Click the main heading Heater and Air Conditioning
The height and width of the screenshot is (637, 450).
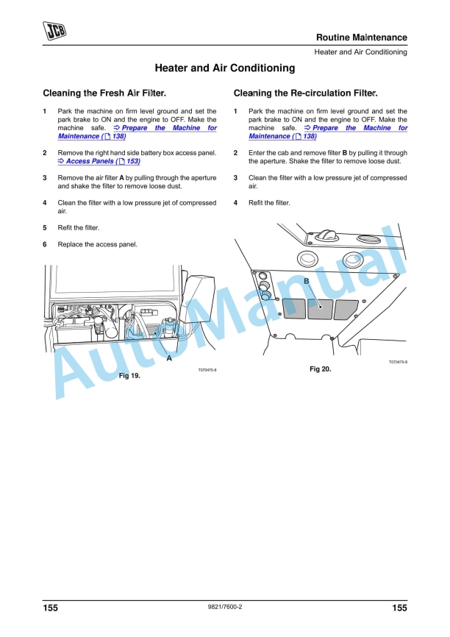tap(224, 68)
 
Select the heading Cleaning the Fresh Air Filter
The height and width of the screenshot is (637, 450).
tap(104, 93)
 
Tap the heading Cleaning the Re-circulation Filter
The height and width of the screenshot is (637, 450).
tap(305, 93)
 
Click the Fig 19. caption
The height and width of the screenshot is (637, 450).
tap(129, 375)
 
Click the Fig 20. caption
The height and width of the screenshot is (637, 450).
tap(320, 369)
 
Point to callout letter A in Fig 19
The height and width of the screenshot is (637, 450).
tap(169, 358)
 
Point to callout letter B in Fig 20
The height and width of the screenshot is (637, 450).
tap(307, 282)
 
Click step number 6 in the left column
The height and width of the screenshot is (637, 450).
tap(45, 244)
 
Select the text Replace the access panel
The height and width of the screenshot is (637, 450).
tap(97, 244)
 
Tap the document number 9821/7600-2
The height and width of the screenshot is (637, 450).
tap(225, 608)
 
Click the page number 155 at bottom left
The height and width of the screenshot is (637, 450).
tap(50, 608)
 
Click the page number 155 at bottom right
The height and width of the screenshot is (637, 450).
tap(399, 608)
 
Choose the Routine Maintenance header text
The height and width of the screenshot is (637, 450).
tap(361, 38)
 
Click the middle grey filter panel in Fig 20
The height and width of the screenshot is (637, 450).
tap(319, 308)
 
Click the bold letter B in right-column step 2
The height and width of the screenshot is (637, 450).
tap(344, 153)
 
